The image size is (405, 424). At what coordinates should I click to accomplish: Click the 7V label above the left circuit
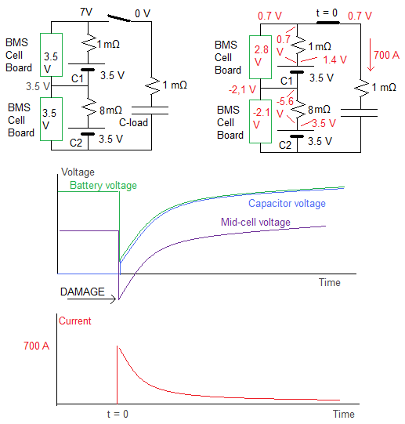(x=86, y=12)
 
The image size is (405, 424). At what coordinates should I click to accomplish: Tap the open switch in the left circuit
(x=119, y=18)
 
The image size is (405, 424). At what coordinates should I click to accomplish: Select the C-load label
(x=133, y=122)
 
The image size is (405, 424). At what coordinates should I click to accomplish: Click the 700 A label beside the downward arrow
(x=386, y=55)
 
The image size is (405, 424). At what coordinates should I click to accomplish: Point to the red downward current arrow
(x=371, y=55)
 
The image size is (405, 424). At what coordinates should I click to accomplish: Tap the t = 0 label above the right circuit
(x=327, y=13)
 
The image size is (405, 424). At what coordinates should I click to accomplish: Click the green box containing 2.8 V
(x=260, y=57)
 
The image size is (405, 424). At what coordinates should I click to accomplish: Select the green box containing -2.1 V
(x=260, y=121)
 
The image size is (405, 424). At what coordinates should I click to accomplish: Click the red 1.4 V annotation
(x=334, y=60)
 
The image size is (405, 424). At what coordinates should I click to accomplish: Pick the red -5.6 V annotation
(x=284, y=107)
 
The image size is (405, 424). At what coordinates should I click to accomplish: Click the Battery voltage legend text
(x=103, y=186)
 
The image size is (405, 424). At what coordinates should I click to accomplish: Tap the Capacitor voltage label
(x=287, y=203)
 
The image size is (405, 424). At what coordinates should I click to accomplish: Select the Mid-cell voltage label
(x=255, y=222)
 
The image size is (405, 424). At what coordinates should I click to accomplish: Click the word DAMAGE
(x=82, y=292)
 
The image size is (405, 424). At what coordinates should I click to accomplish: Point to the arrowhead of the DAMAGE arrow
(x=115, y=299)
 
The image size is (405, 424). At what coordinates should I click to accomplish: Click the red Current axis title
(x=75, y=321)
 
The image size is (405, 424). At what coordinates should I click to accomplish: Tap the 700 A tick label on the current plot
(x=37, y=346)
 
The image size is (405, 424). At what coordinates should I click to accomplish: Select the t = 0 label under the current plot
(x=118, y=414)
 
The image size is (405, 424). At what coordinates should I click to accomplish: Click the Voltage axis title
(x=78, y=172)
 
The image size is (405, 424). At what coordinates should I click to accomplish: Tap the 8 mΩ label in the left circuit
(x=110, y=110)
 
